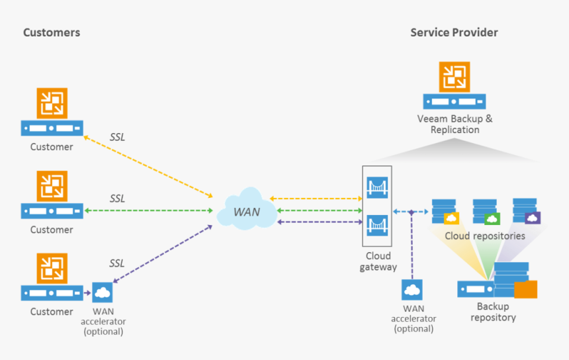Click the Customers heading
point(52,32)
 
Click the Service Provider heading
point(454,32)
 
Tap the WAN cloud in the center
point(246,210)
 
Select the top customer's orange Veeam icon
point(52,103)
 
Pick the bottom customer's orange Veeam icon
point(52,269)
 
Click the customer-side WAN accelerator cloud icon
point(103,292)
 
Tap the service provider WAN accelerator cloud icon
point(412,290)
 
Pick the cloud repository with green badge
point(485,212)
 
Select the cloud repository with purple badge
point(526,212)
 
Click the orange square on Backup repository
point(525,290)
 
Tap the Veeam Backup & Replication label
point(455,124)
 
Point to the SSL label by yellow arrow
point(117,138)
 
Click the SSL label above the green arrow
point(117,199)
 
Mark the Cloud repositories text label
point(485,236)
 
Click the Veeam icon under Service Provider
point(455,77)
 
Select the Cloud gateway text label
point(378,261)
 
